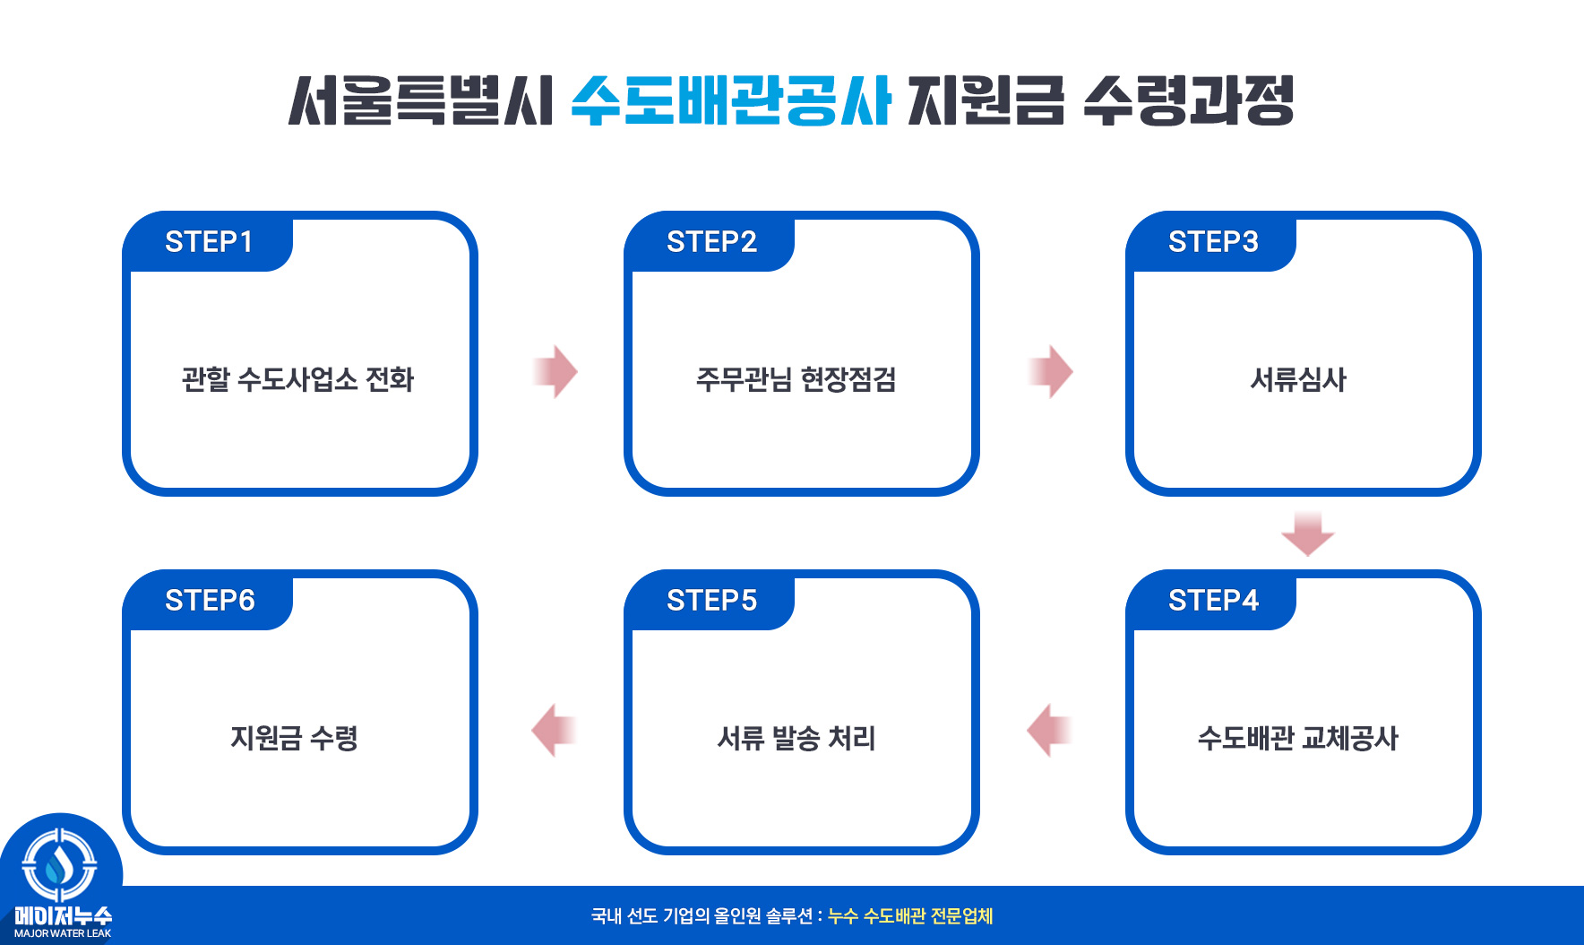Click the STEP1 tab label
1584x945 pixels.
pos(209,242)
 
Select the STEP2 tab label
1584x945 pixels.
pos(711,242)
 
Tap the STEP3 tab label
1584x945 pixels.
pos(1213,242)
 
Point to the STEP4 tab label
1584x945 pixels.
pos(1213,601)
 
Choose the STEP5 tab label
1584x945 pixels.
pos(711,601)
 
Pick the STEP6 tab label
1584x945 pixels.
pos(210,601)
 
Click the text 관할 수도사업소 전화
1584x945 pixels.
pos(297,379)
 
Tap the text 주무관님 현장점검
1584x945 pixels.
pos(796,379)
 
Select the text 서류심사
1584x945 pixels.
pos(1298,379)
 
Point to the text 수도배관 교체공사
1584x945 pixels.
pos(1297,738)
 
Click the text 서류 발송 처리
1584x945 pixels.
pos(796,738)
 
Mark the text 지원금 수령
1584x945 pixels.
pos(294,738)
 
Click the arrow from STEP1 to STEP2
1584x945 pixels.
pos(556,371)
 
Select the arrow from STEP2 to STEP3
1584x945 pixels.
pos(1051,371)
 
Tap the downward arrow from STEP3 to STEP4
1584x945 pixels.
pos(1307,534)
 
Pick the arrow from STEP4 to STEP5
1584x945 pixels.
pos(1049,730)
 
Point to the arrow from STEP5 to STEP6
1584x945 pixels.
pos(554,730)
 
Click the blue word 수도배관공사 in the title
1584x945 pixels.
pos(730,100)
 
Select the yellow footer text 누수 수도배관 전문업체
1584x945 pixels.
pos(910,916)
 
